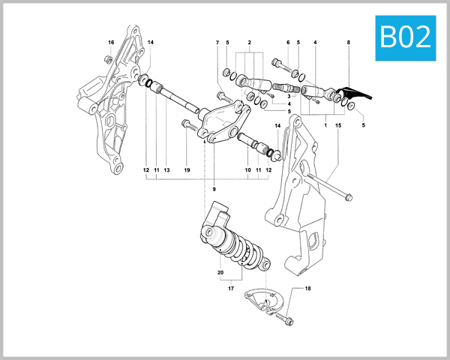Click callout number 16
click(x=111, y=42)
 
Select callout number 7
click(x=217, y=42)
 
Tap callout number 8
click(x=348, y=42)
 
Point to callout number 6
click(x=287, y=42)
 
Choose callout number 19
click(x=187, y=170)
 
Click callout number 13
click(x=166, y=170)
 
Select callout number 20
click(x=221, y=271)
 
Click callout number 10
click(x=248, y=170)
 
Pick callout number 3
click(x=288, y=97)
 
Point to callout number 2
click(x=249, y=42)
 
